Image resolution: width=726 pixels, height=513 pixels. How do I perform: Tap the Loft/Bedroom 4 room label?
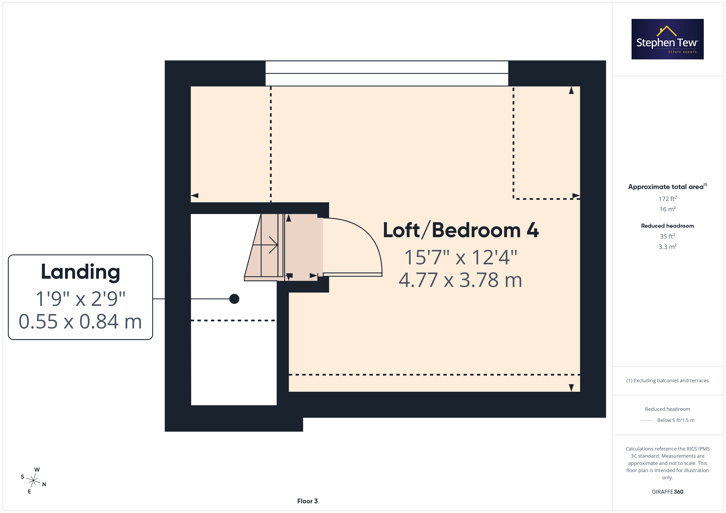click(x=461, y=230)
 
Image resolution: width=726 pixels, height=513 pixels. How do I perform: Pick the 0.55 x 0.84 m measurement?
click(x=80, y=322)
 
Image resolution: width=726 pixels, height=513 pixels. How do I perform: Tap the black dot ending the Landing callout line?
click(x=234, y=299)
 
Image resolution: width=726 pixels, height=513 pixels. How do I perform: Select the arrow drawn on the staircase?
click(x=265, y=245)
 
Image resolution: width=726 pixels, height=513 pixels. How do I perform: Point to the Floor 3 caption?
click(x=307, y=501)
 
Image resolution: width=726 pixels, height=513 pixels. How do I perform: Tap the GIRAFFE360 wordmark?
click(x=668, y=491)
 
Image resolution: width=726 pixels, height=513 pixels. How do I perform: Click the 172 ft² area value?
click(x=668, y=199)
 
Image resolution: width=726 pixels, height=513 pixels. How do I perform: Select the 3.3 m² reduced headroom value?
click(x=668, y=246)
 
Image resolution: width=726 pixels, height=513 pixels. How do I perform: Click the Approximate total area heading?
click(x=668, y=187)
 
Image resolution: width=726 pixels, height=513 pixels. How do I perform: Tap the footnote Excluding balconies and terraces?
click(x=668, y=381)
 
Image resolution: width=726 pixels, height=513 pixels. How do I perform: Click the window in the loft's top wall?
click(x=387, y=73)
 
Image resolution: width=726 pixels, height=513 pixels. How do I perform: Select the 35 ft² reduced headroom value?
click(x=668, y=236)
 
